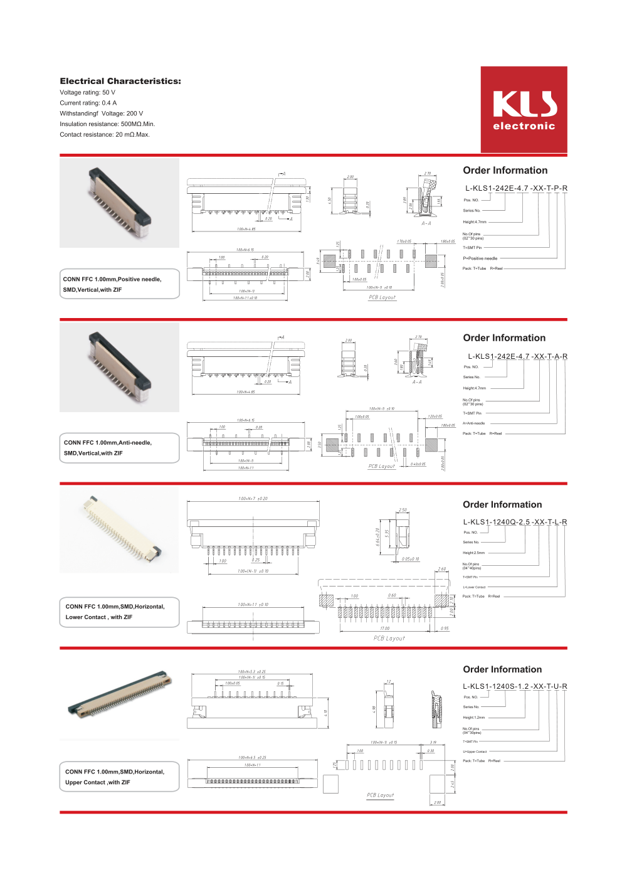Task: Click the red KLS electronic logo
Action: tap(524, 110)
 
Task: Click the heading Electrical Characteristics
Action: tap(120, 81)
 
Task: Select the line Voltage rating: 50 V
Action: tap(88, 92)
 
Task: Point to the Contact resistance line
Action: tap(105, 134)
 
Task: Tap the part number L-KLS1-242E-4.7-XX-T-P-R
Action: tap(516, 188)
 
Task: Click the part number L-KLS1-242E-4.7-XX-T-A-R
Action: tap(517, 356)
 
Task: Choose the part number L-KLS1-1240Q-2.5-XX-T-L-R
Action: tap(515, 522)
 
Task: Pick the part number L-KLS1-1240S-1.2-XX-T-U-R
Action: tap(515, 686)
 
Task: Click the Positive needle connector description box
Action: tap(120, 284)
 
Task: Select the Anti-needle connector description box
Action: tap(120, 448)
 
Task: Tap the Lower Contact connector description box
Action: tap(120, 612)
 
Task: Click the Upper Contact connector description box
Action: tap(120, 777)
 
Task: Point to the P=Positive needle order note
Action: tap(480, 258)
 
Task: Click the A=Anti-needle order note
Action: tap(474, 423)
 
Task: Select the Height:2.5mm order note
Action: tap(474, 553)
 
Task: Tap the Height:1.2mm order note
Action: tap(474, 718)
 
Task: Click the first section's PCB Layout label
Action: tap(382, 297)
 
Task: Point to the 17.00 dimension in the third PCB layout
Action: tap(384, 628)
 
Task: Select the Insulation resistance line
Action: tap(107, 124)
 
